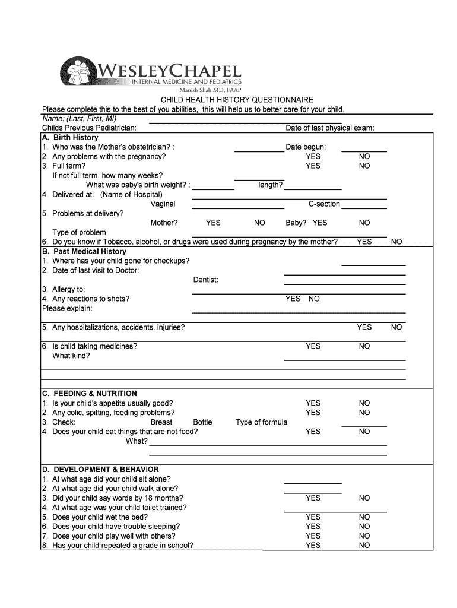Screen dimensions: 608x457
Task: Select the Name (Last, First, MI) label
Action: click(79, 119)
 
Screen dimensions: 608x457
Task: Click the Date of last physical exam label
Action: click(329, 128)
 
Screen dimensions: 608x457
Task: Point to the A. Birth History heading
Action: click(70, 138)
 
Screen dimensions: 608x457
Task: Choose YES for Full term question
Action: click(313, 166)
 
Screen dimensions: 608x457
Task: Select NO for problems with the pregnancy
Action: click(364, 157)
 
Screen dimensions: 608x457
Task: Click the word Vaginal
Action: click(163, 204)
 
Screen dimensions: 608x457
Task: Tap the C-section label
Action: click(324, 204)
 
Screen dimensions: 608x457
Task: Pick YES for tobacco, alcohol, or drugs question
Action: click(364, 242)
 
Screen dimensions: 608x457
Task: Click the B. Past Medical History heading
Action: click(84, 252)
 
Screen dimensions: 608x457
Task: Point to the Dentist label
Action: click(206, 280)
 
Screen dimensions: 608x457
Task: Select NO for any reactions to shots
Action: click(314, 299)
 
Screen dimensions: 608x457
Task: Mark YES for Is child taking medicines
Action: click(313, 346)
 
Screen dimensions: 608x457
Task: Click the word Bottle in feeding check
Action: click(202, 422)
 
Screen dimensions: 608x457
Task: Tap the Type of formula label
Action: click(261, 422)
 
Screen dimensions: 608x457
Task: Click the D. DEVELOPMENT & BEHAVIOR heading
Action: click(100, 470)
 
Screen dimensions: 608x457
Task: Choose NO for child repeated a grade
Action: click(364, 546)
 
